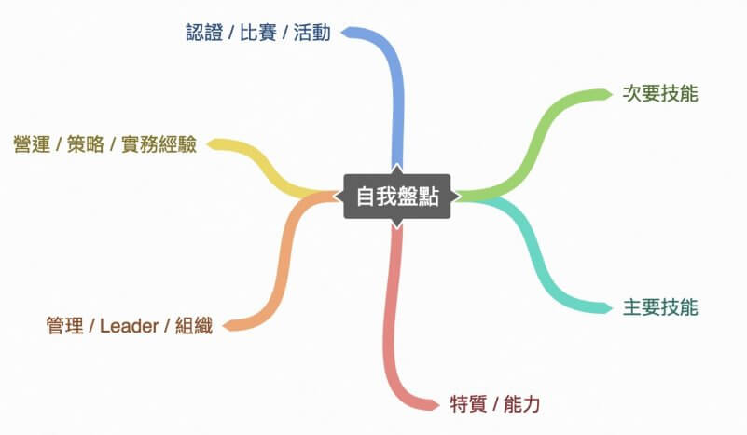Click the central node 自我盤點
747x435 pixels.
coord(397,197)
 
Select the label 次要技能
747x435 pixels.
coord(660,94)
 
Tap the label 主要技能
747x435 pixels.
coord(660,307)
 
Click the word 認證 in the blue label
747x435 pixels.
coord(204,33)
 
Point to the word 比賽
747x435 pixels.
coord(257,33)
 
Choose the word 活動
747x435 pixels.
coord(312,33)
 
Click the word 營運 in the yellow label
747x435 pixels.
coord(32,143)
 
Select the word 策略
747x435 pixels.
coord(85,143)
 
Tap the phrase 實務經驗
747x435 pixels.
coord(159,143)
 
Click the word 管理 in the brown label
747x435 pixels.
coord(64,326)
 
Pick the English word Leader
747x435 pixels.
coord(129,326)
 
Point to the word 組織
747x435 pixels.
coord(194,326)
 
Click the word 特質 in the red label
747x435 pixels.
coord(468,404)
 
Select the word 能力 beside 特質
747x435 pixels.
coord(521,404)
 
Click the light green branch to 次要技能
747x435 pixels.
coord(533,143)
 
